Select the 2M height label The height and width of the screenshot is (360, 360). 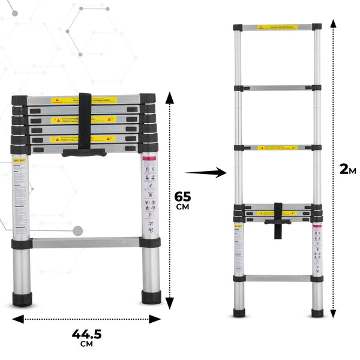click(x=347, y=169)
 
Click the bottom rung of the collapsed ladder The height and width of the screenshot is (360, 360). click(x=86, y=243)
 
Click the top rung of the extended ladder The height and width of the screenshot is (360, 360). click(x=277, y=28)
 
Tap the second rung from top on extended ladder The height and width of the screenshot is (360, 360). click(x=277, y=88)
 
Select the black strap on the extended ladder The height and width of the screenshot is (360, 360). click(x=278, y=219)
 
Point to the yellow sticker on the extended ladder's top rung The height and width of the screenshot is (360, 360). click(x=277, y=28)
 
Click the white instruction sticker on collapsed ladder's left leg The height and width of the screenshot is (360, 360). click(x=22, y=192)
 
